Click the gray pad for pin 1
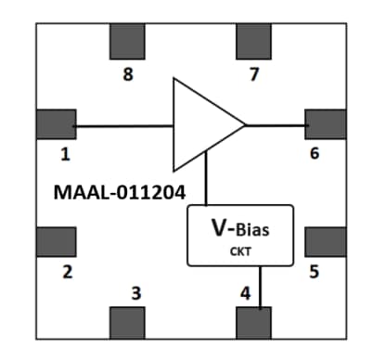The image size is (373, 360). (56, 124)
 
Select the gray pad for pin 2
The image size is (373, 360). (56, 240)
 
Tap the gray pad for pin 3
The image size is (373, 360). (128, 323)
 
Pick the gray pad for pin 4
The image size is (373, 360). (253, 323)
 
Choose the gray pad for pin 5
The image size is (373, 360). (325, 240)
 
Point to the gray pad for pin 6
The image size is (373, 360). (325, 124)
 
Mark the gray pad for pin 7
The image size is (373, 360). (253, 40)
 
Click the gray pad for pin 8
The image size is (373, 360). (128, 40)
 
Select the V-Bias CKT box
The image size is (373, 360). (240, 235)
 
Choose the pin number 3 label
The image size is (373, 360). (136, 294)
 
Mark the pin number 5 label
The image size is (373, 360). (315, 272)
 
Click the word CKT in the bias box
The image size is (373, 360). (240, 250)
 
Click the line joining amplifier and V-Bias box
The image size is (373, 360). (206, 181)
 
